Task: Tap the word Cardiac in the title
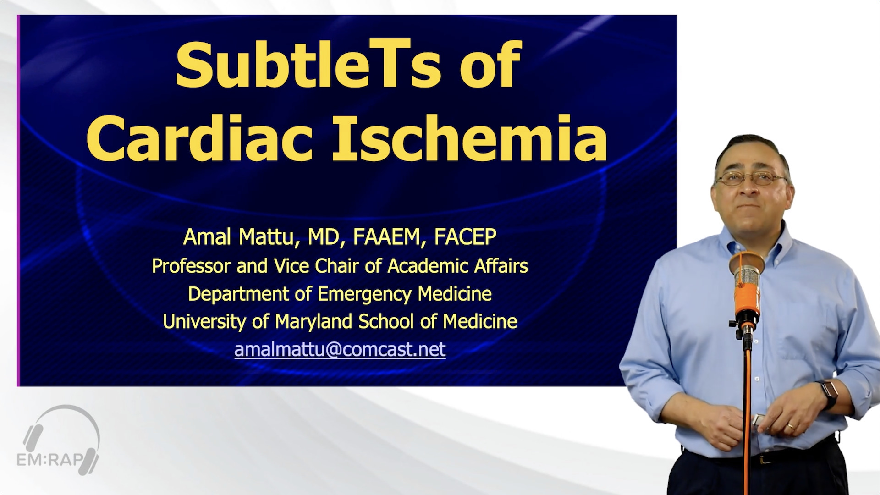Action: (x=200, y=136)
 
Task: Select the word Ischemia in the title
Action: (x=470, y=136)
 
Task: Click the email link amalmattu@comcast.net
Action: (x=340, y=349)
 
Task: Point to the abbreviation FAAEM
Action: (x=386, y=236)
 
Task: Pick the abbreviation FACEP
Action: (x=465, y=236)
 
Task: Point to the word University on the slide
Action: (x=204, y=322)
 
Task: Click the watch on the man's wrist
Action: (x=829, y=395)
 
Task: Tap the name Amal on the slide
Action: (x=208, y=237)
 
